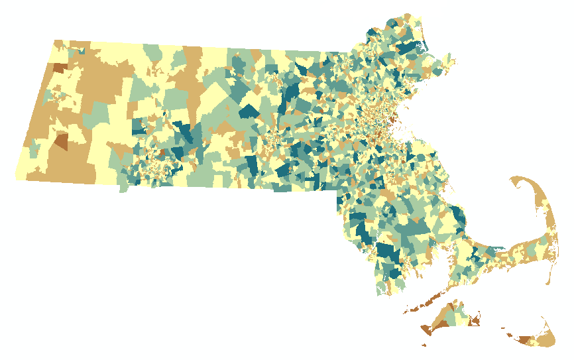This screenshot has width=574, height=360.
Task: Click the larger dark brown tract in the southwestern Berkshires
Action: point(62,141)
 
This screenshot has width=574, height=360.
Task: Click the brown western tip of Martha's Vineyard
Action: point(426,330)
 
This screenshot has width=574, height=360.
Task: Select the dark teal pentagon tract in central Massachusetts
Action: point(250,111)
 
